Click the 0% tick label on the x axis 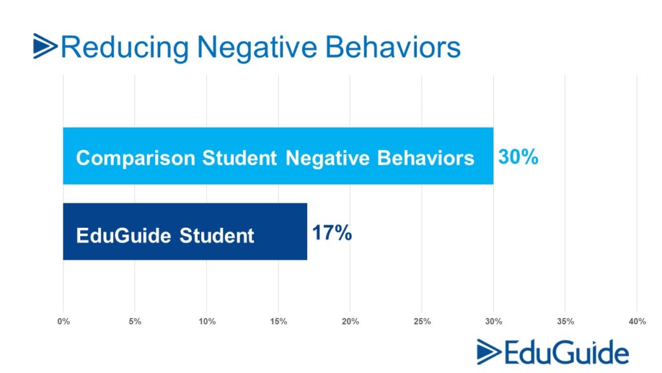tap(63, 322)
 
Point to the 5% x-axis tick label tap(135, 322)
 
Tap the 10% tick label tap(207, 322)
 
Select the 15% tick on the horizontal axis tap(279, 322)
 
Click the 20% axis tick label tap(350, 322)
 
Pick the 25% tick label tap(422, 322)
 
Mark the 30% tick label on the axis tap(494, 322)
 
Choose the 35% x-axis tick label tap(566, 322)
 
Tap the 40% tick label tap(637, 322)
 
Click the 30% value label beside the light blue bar tap(518, 157)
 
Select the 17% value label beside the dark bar tap(332, 233)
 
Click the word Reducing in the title tap(125, 47)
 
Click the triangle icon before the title tap(45, 47)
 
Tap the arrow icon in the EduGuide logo tap(488, 352)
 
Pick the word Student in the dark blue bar tap(217, 235)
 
